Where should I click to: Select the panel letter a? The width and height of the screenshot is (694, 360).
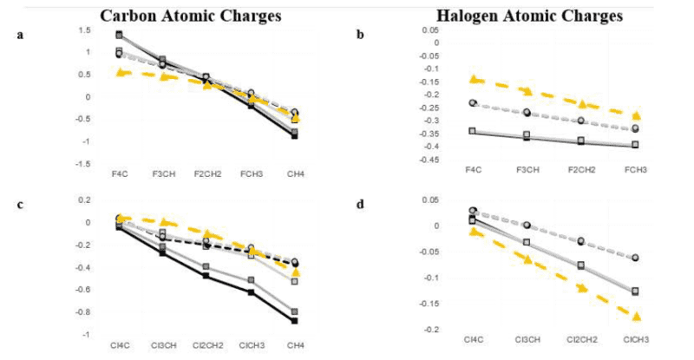click(19, 35)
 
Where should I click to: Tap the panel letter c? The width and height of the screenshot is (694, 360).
click(19, 206)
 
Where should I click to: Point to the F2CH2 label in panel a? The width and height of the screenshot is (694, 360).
click(206, 174)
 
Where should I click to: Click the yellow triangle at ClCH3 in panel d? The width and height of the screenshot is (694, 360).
click(638, 317)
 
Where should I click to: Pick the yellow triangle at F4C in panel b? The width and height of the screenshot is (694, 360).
click(474, 80)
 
